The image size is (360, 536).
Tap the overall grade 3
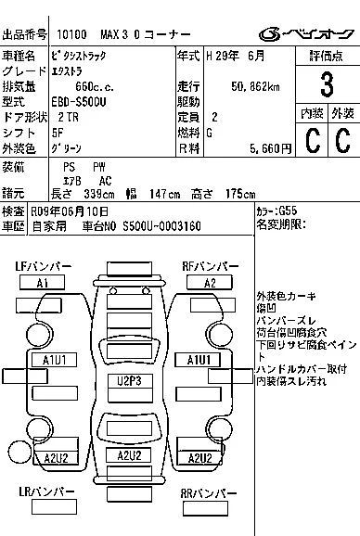(x=326, y=85)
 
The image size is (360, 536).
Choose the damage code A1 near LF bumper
(x=42, y=283)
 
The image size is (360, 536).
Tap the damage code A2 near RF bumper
(x=210, y=283)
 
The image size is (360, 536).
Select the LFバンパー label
(x=43, y=267)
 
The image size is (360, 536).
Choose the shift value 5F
(x=59, y=133)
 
